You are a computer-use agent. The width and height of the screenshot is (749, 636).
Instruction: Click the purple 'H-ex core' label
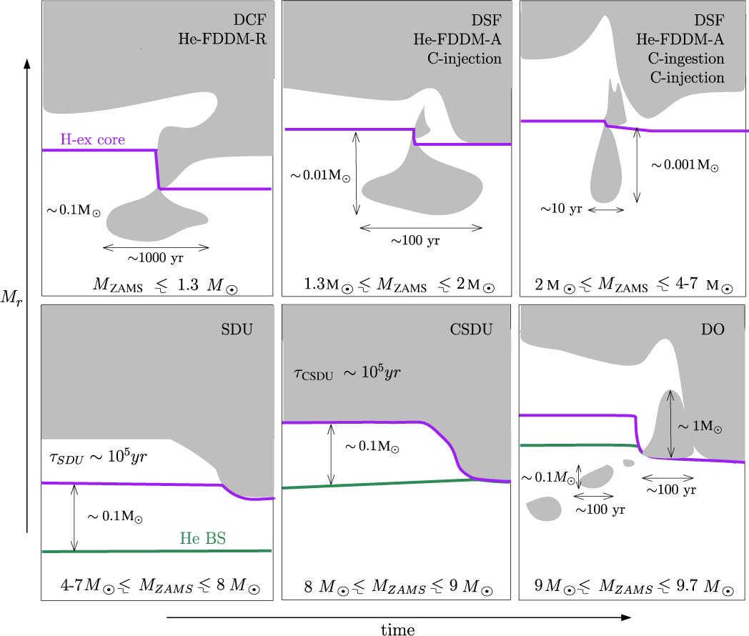(93, 139)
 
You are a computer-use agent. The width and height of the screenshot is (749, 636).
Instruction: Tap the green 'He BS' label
(202, 538)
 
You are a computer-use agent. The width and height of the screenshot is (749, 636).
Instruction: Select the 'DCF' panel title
(249, 19)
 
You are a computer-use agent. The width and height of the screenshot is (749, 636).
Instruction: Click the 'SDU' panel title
(237, 329)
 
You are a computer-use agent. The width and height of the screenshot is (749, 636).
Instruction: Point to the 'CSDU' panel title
(471, 329)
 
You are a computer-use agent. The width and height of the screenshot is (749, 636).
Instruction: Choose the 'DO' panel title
(713, 329)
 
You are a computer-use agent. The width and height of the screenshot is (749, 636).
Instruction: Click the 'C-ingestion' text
(686, 59)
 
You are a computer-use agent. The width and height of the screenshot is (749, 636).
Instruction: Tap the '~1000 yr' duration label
(155, 258)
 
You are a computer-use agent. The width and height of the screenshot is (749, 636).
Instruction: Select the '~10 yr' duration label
(561, 209)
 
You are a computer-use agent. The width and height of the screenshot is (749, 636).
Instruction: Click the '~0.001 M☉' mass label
(685, 165)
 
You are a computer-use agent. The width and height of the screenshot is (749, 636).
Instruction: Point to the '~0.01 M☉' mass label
(320, 175)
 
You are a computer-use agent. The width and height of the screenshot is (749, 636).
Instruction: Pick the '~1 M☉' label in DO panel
(700, 426)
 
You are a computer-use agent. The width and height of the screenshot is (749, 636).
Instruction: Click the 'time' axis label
(398, 630)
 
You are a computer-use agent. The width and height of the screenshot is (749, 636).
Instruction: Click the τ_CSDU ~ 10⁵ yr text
(347, 372)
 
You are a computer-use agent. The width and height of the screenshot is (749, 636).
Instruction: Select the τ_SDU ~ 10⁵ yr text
(99, 457)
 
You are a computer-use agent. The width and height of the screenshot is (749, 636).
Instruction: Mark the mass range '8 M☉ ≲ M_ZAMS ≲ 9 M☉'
(398, 587)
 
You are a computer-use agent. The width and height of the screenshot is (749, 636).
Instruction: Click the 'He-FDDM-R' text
(222, 39)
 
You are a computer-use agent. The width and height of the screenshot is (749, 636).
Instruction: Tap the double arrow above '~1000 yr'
(156, 247)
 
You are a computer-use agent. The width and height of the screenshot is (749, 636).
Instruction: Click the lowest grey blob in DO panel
(544, 509)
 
